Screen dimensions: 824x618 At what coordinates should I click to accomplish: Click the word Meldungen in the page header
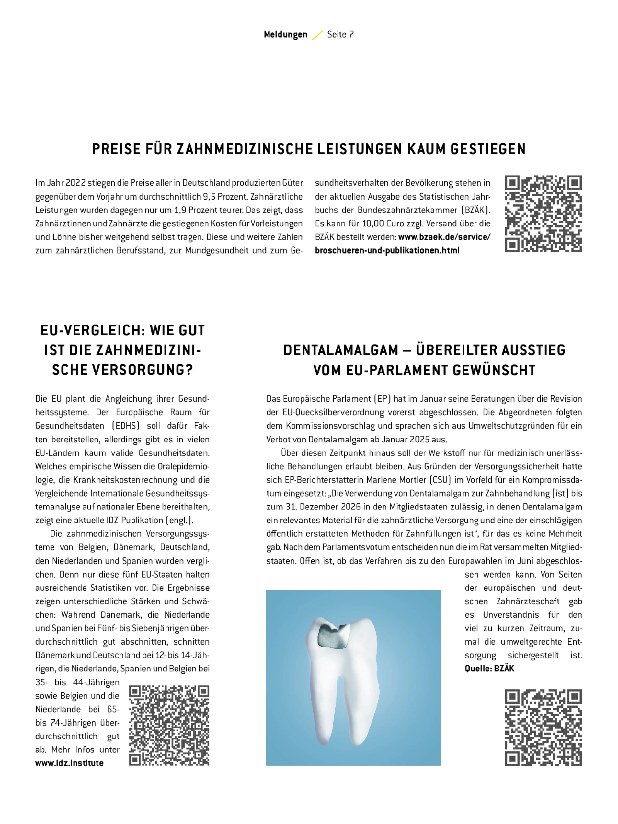coord(285,35)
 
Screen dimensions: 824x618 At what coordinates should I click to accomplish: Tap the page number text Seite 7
coord(340,35)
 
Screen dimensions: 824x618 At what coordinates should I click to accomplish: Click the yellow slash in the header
coord(317,35)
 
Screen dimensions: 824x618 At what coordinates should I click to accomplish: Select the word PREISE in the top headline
coord(116,149)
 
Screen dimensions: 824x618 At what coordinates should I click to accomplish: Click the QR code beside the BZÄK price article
coord(543,214)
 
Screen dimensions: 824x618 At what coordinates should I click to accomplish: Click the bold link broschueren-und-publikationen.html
coord(387,250)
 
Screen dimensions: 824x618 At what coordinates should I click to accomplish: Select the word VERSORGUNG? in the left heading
coord(122,370)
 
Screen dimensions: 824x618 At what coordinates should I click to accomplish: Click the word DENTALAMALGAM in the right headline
coord(341,350)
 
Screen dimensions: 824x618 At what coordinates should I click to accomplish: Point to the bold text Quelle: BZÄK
coord(489,669)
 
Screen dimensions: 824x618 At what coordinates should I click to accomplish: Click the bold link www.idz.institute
coord(70,763)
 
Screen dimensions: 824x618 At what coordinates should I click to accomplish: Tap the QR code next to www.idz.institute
coord(169,725)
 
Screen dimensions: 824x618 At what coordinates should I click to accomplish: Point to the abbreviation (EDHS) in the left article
coord(126,426)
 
